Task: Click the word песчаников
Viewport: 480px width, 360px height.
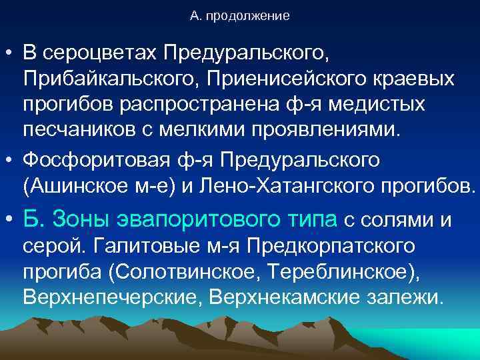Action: coord(79,129)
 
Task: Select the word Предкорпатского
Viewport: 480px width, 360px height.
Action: coord(333,244)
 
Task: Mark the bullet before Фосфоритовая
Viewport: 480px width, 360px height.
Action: coord(9,161)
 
